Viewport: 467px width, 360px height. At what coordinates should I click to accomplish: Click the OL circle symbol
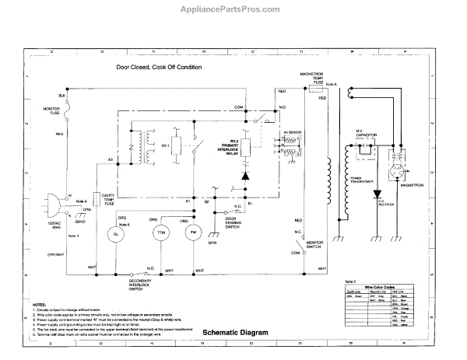116,212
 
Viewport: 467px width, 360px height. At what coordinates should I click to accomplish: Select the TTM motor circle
161,211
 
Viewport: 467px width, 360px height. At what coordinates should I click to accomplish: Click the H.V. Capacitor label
366,135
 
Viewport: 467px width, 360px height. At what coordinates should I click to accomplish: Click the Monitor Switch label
314,246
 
